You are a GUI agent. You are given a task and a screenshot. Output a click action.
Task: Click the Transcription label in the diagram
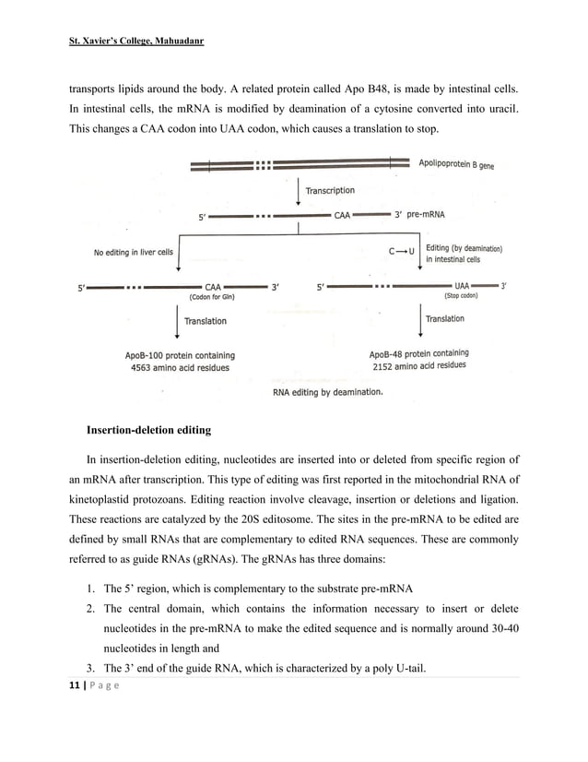pos(329,191)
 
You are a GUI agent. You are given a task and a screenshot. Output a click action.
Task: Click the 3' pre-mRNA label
pos(419,215)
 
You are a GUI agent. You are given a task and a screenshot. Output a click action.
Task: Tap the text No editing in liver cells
pos(133,251)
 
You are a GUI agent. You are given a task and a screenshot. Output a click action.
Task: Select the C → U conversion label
pos(401,250)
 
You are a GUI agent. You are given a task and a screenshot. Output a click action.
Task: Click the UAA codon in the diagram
pos(465,286)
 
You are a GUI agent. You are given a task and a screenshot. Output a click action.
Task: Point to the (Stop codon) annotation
pos(462,297)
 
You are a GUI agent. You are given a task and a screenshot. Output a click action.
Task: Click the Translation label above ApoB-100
pos(205,321)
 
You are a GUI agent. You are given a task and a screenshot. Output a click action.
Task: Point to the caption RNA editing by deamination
pos(327,392)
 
